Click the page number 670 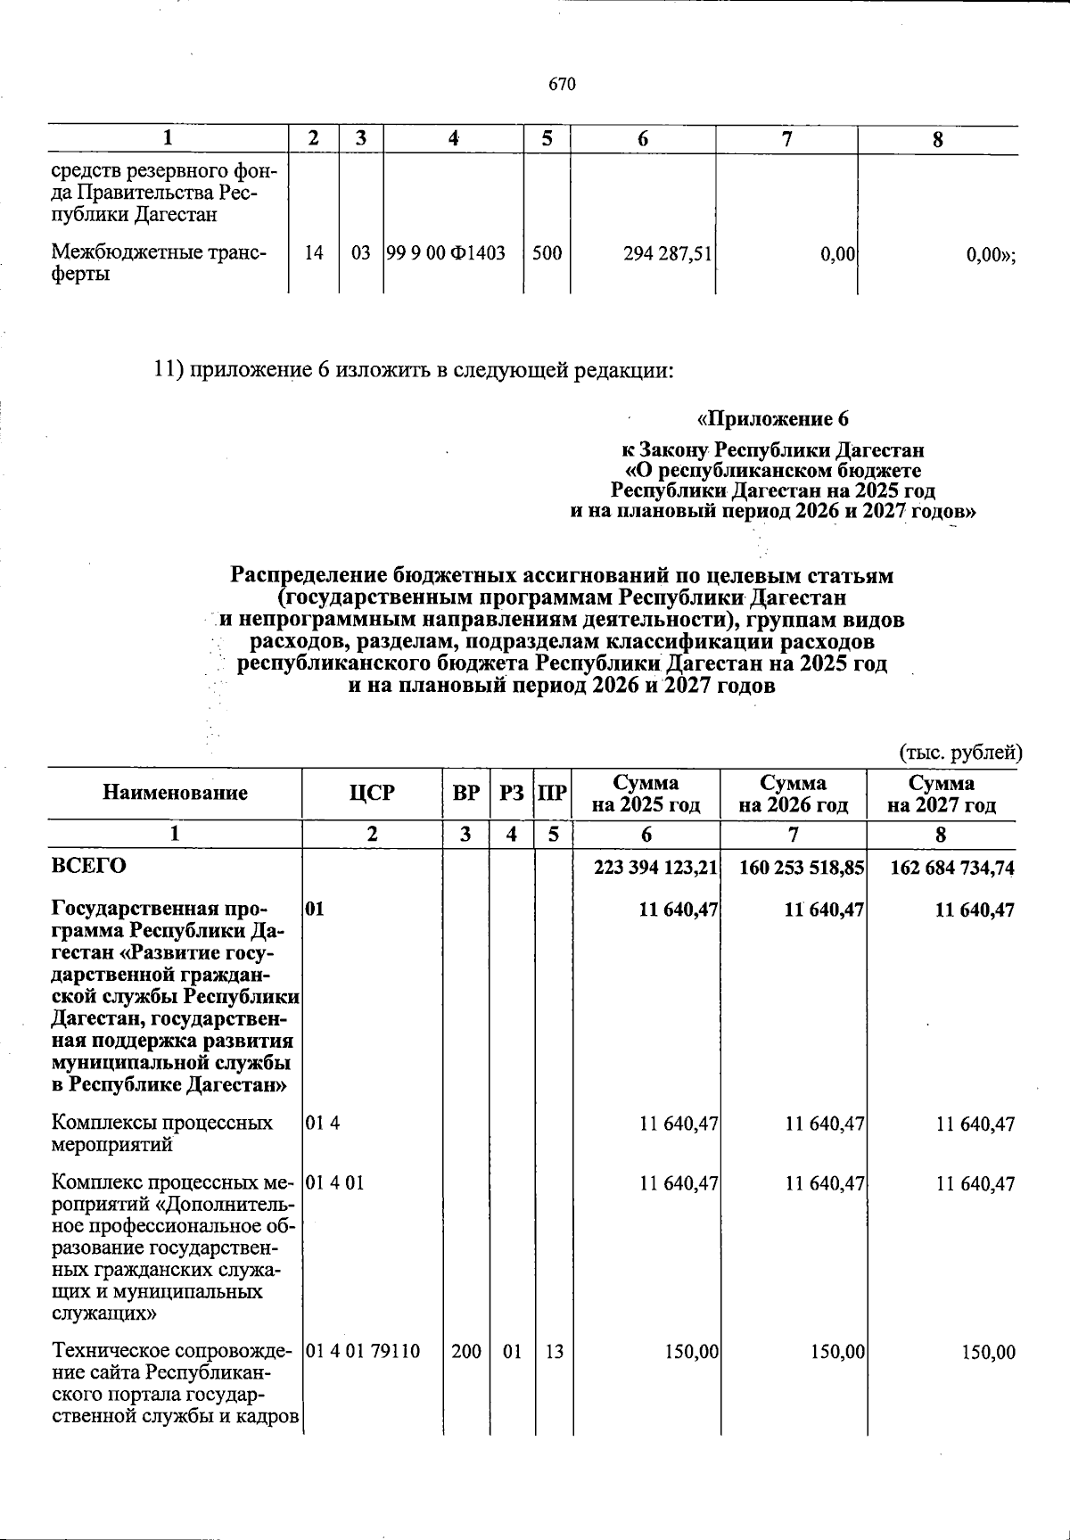pyautogui.click(x=563, y=85)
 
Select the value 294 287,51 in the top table pyautogui.click(x=667, y=254)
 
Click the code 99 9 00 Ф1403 pyautogui.click(x=446, y=253)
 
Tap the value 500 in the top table pyautogui.click(x=547, y=253)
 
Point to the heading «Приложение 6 pyautogui.click(x=772, y=418)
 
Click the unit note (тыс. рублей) pyautogui.click(x=959, y=752)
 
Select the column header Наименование pyautogui.click(x=175, y=792)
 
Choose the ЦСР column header pyautogui.click(x=373, y=792)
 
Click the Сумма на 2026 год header pyautogui.click(x=793, y=794)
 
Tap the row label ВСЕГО pyautogui.click(x=89, y=865)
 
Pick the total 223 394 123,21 pyautogui.click(x=655, y=868)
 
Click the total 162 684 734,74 pyautogui.click(x=952, y=868)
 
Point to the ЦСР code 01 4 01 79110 pyautogui.click(x=362, y=1352)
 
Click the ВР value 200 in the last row pyautogui.click(x=465, y=1352)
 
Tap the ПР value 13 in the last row pyautogui.click(x=554, y=1352)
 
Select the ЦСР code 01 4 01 pyautogui.click(x=334, y=1183)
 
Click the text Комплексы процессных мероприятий pyautogui.click(x=162, y=1133)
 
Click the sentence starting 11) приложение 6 pyautogui.click(x=412, y=369)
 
